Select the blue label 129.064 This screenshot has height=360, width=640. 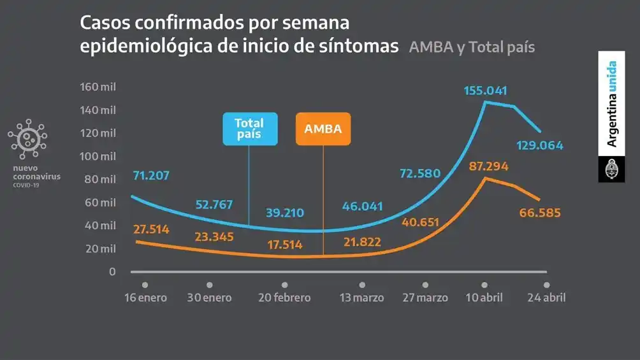pos(539,145)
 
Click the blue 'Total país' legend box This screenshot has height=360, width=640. pos(250,129)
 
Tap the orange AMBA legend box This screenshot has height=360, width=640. pos(323,129)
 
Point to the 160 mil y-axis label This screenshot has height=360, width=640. pos(98,87)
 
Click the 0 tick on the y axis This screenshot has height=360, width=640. pos(112,271)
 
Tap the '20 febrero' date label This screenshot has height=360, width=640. pos(285,298)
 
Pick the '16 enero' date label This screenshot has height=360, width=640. pos(145,298)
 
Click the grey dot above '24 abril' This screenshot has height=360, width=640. pos(547,285)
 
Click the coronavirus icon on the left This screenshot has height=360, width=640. pos(27,139)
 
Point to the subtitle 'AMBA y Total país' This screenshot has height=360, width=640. pos(472,47)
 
